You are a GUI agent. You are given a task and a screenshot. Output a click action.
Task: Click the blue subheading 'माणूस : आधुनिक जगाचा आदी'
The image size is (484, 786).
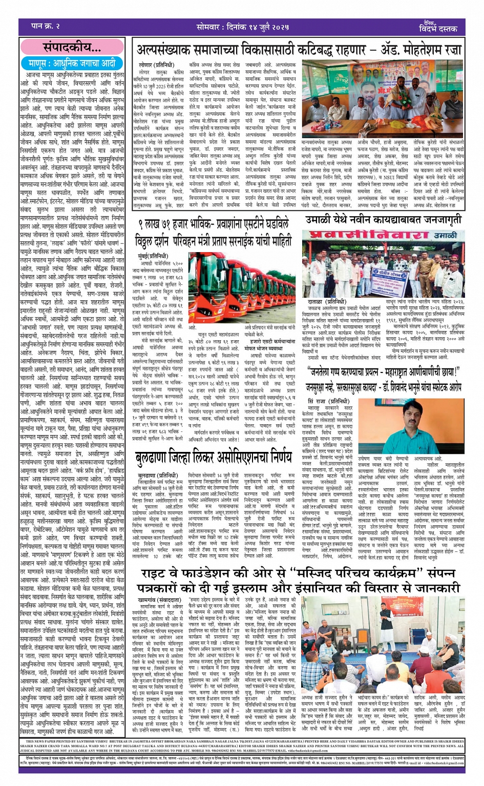72,64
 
